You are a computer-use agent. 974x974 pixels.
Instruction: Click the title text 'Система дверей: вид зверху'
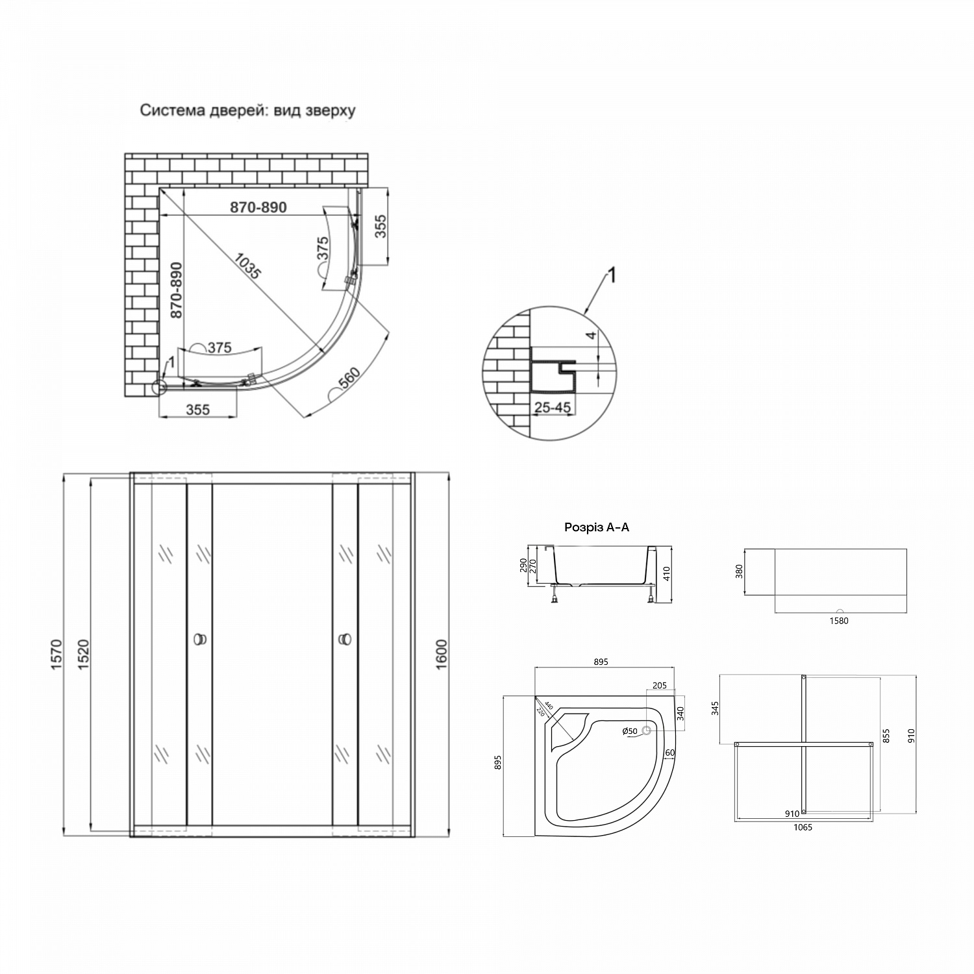(248, 110)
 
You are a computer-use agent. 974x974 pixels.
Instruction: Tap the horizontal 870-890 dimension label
(258, 207)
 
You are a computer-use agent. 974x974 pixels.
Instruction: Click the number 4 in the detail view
(590, 336)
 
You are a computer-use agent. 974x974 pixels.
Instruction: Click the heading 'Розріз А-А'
(596, 528)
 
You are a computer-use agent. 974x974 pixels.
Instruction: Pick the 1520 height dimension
(82, 655)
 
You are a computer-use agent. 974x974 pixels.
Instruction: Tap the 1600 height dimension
(442, 655)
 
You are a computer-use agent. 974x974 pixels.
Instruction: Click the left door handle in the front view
(199, 640)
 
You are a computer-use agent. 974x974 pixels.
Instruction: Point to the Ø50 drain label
(629, 731)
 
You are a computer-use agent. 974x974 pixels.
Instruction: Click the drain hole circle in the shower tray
(646, 731)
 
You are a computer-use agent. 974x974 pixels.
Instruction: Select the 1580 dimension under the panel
(838, 621)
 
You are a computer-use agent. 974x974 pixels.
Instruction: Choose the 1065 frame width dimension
(803, 827)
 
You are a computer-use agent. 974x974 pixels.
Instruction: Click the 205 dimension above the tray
(660, 686)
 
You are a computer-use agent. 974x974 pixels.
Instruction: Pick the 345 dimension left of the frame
(716, 708)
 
